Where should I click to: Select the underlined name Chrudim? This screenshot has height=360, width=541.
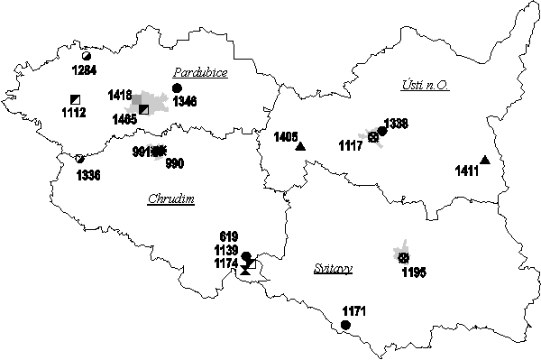171,199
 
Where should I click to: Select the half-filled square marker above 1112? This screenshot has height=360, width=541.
76,99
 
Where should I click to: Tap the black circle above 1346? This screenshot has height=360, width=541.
177,88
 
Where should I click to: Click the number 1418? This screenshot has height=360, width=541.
120,95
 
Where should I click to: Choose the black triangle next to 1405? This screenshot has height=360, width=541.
300,146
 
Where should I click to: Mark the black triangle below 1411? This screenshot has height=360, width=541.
485,161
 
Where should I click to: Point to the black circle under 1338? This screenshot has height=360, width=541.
382,131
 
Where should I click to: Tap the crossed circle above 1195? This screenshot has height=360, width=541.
403,258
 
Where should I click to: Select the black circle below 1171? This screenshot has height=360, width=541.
345,325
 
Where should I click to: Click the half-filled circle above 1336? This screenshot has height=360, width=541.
80,160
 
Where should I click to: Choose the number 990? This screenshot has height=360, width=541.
174,163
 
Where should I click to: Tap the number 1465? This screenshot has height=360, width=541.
125,118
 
